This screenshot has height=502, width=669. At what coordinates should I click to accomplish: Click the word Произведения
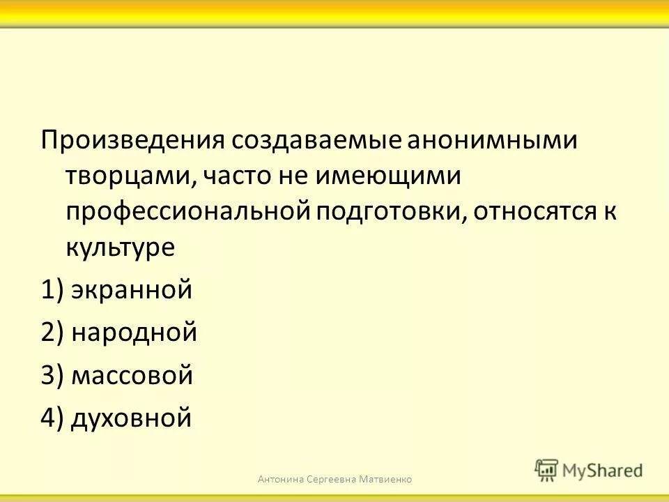[132, 139]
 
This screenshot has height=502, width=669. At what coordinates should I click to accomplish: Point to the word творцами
[130, 175]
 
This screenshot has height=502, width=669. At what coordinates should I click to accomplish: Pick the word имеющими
[387, 175]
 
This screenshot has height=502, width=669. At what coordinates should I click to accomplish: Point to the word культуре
[120, 248]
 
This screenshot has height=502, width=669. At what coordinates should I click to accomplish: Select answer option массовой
[132, 375]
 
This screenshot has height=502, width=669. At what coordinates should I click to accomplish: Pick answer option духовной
[131, 418]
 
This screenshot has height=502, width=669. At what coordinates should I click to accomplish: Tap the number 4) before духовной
[53, 418]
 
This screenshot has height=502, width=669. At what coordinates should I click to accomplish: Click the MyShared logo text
[603, 469]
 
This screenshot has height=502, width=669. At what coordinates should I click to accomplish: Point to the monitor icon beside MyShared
[546, 471]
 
